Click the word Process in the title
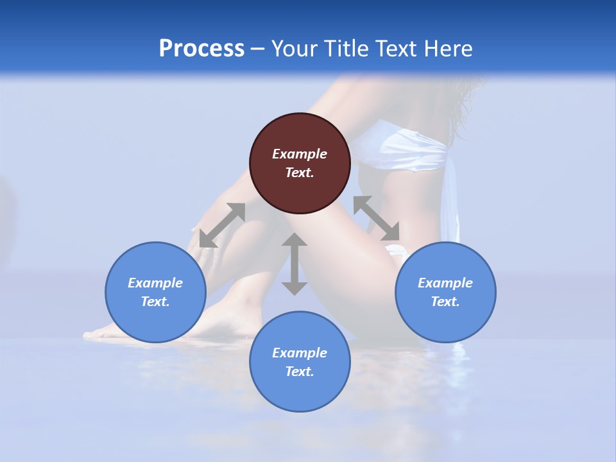[201, 49]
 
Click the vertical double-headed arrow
[295, 264]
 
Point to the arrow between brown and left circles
[222, 225]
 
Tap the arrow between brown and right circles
[376, 218]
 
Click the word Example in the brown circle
[300, 154]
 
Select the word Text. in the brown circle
[300, 173]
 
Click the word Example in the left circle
[155, 283]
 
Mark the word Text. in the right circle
[445, 302]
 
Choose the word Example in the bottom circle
[300, 353]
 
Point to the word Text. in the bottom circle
[300, 372]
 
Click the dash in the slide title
[257, 49]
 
